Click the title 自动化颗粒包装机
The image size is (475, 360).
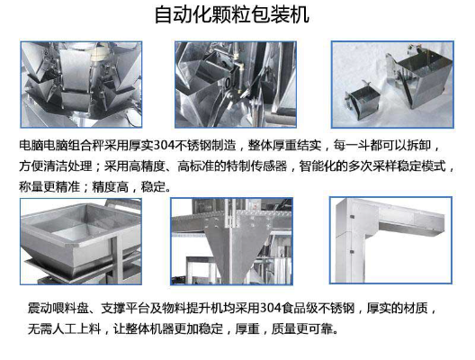click(x=232, y=14)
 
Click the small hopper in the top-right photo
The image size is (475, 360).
click(x=363, y=99)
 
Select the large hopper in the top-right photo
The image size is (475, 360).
click(x=418, y=78)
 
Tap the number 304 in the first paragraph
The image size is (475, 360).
click(x=164, y=146)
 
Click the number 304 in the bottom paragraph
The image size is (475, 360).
click(x=270, y=308)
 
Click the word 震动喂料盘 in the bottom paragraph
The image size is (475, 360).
click(x=58, y=308)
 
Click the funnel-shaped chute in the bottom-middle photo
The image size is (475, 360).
click(x=233, y=246)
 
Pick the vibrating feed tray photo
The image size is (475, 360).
click(x=81, y=241)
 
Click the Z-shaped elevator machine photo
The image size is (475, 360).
click(x=390, y=240)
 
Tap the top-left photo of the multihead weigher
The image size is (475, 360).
click(x=81, y=85)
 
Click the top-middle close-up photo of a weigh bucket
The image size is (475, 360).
click(x=236, y=85)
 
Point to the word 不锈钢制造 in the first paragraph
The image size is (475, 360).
click(x=205, y=146)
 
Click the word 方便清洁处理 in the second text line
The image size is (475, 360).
click(x=56, y=166)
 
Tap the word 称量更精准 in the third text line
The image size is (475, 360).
click(x=49, y=186)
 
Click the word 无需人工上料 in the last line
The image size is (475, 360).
click(x=64, y=328)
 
